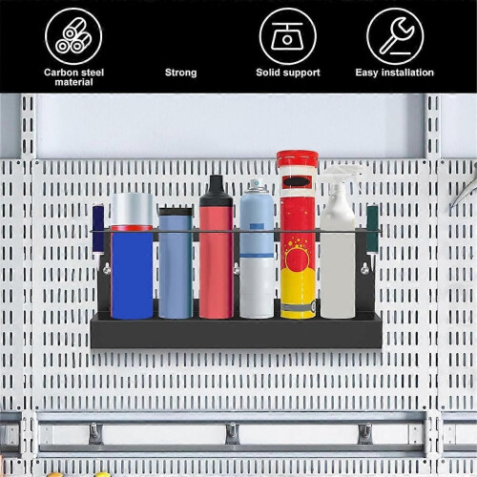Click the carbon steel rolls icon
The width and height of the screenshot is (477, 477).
point(73,36)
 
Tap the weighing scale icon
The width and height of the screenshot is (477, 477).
point(287,36)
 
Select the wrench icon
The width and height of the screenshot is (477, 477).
point(395,36)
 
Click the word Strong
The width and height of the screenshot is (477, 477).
point(180,73)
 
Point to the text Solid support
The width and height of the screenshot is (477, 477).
point(288,73)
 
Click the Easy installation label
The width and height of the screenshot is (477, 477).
point(395,73)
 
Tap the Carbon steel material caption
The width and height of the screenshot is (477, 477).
point(73,77)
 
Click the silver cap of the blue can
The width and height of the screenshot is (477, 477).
point(132,209)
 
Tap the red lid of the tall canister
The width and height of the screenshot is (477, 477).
point(298,159)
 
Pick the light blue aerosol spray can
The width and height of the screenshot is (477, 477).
point(257,249)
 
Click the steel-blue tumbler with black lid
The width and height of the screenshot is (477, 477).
point(176,262)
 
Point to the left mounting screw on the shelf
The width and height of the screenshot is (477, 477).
point(107,269)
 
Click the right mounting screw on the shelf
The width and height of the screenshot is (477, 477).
point(364,269)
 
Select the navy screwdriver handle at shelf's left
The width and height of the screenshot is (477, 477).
point(98,228)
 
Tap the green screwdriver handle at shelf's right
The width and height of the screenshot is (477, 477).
point(372,228)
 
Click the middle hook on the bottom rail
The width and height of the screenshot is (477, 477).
point(233,433)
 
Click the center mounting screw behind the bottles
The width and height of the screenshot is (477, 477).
point(237,269)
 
